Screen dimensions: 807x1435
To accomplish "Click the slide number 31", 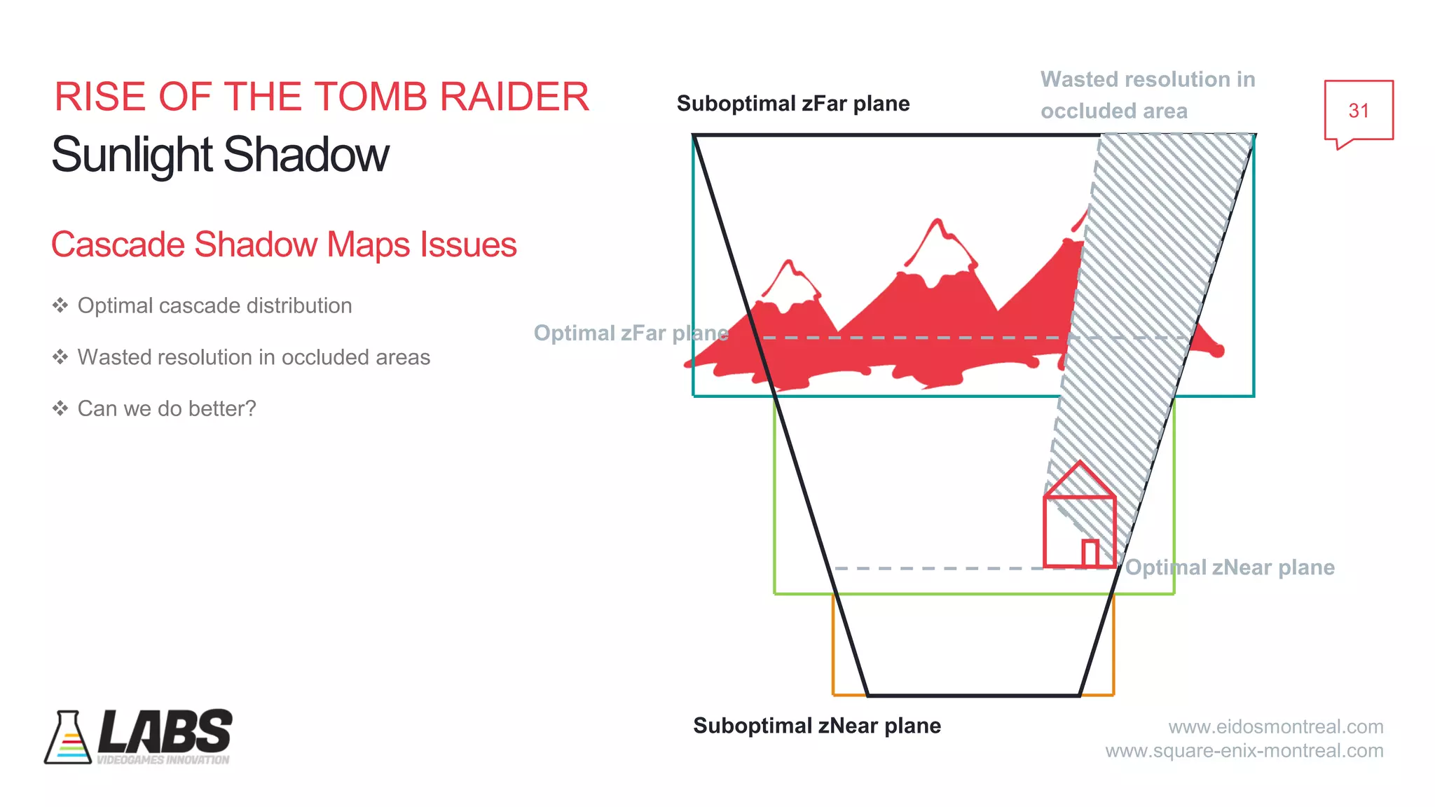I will pos(1358,111).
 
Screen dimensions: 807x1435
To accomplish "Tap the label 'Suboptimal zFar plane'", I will pos(792,104).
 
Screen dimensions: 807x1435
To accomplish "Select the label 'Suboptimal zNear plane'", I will pos(816,726).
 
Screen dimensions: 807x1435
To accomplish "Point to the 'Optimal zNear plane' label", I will pos(1229,567).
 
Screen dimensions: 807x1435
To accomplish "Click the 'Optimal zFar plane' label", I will pos(631,333).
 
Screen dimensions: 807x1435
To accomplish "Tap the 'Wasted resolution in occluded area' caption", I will pos(1147,95).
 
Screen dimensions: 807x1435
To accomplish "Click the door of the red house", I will pos(1090,553).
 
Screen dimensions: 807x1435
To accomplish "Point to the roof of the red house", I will pos(1080,481).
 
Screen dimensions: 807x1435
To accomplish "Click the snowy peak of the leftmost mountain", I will pos(790,284).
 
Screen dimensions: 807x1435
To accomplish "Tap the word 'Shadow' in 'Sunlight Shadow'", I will pos(306,155).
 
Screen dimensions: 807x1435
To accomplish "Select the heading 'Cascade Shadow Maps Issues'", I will pos(284,244).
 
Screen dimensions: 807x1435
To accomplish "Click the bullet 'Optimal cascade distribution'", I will pos(214,305).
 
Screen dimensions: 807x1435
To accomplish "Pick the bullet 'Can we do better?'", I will pos(167,408).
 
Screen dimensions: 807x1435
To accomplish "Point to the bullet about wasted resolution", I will pos(254,357).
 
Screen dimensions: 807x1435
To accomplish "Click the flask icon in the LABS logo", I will pos(68,738).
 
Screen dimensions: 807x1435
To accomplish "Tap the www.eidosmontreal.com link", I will pos(1275,726).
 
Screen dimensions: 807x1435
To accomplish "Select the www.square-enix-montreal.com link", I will pos(1244,751).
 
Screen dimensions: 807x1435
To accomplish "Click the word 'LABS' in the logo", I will pos(165,731).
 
